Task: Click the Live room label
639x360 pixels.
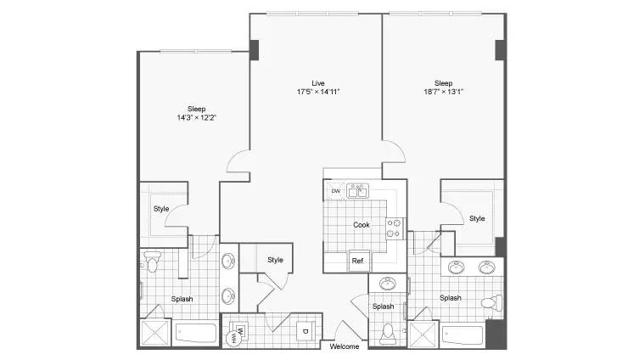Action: click(318, 83)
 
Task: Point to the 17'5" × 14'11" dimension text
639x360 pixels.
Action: click(318, 92)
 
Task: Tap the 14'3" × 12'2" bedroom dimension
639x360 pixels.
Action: click(196, 118)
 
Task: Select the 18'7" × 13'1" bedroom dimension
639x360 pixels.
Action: click(443, 92)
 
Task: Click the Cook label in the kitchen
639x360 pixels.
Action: click(362, 225)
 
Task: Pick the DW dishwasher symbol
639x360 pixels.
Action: click(336, 191)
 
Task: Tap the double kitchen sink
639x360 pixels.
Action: click(357, 191)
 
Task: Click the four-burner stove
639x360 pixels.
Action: click(394, 228)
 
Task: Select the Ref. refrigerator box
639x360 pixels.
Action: click(359, 261)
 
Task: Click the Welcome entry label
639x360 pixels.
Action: click(345, 346)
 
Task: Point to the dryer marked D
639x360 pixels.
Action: click(305, 331)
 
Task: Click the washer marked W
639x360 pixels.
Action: click(239, 330)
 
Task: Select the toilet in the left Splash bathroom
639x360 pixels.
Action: click(152, 262)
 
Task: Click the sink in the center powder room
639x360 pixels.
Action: click(388, 284)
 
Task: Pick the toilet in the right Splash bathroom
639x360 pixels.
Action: click(492, 302)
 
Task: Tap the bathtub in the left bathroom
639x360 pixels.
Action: click(196, 333)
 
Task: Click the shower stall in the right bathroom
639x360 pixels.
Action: click(423, 335)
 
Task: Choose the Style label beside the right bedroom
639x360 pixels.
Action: click(477, 218)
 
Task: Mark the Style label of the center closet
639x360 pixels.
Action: click(275, 260)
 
